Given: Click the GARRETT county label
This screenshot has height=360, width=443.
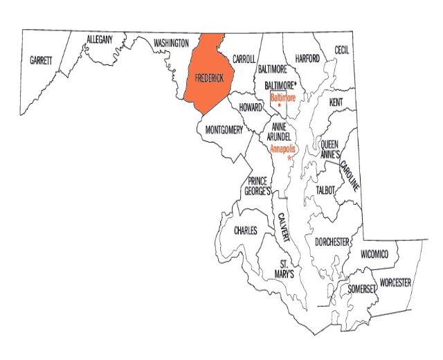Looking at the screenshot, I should point(41,61).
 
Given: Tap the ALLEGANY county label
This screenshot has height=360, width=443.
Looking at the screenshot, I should point(100,40).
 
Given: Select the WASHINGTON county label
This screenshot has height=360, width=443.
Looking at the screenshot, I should point(171,44).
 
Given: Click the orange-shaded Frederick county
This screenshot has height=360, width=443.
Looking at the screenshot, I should point(208,76).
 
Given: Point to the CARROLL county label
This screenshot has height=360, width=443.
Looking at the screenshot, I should point(244,59).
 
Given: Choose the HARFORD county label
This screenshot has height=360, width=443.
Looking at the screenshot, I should point(306,59).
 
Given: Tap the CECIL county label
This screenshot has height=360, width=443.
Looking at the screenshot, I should point(342,51).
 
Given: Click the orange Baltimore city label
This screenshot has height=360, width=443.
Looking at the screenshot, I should point(282,98).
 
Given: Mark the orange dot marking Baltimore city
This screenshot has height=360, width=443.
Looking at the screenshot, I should point(280,105).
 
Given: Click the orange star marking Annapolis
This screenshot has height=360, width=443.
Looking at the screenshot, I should point(289,159).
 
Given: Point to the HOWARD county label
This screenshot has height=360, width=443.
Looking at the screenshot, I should point(250,108).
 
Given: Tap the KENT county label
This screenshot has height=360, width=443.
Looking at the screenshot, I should point(336,102).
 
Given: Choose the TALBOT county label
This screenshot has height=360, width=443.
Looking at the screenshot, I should point(325,190).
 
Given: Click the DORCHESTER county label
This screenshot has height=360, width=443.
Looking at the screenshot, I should point(332,242).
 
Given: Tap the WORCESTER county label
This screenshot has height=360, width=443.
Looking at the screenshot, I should point(395,283).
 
